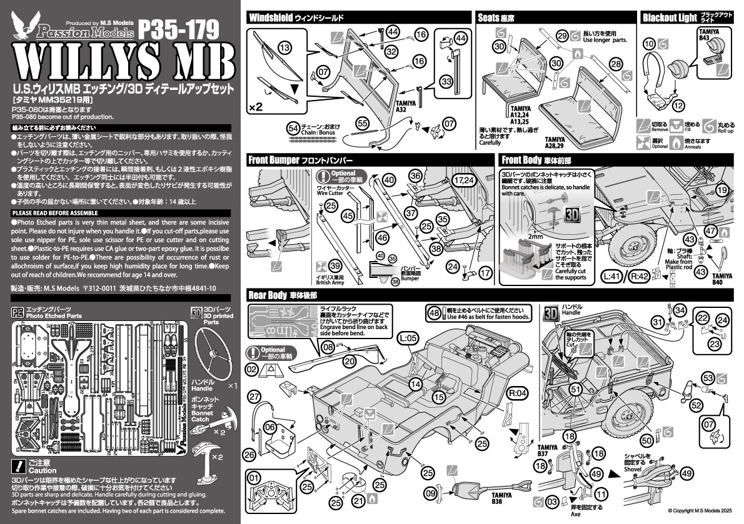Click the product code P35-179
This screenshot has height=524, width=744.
tap(178, 27)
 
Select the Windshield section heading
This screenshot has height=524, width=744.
tap(271, 17)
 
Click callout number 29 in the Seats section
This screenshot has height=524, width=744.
tap(561, 35)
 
